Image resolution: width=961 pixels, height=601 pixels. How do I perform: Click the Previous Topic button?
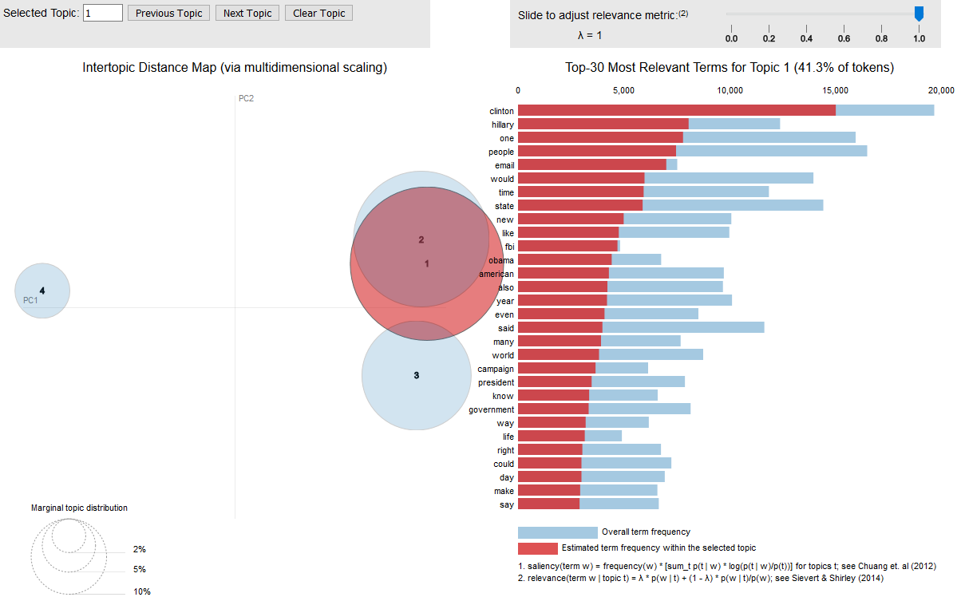click(x=168, y=14)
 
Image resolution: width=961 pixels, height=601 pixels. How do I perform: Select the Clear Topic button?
click(x=319, y=14)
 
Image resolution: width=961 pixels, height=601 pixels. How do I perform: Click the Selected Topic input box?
click(x=103, y=14)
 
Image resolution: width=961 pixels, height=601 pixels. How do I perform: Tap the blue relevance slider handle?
click(x=919, y=14)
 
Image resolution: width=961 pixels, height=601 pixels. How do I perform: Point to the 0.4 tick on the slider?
click(x=806, y=38)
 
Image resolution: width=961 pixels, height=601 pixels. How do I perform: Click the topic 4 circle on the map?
click(x=43, y=291)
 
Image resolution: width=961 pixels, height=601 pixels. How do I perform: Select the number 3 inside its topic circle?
click(x=416, y=375)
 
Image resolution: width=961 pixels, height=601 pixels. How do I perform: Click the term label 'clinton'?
click(x=501, y=111)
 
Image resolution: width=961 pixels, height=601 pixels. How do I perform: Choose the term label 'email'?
click(x=504, y=165)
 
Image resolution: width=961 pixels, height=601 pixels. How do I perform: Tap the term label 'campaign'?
click(x=496, y=369)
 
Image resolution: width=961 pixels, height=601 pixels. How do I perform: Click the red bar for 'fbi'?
click(x=568, y=246)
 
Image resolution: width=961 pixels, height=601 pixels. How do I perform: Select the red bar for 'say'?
click(x=548, y=504)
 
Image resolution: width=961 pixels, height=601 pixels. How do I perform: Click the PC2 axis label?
click(x=246, y=98)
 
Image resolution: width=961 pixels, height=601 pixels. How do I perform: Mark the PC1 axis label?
click(x=30, y=300)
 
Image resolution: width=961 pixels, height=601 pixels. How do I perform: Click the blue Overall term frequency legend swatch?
click(x=557, y=532)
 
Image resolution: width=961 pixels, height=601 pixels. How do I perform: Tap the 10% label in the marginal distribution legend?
click(x=142, y=591)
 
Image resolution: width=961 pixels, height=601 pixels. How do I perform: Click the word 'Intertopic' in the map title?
click(x=108, y=68)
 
